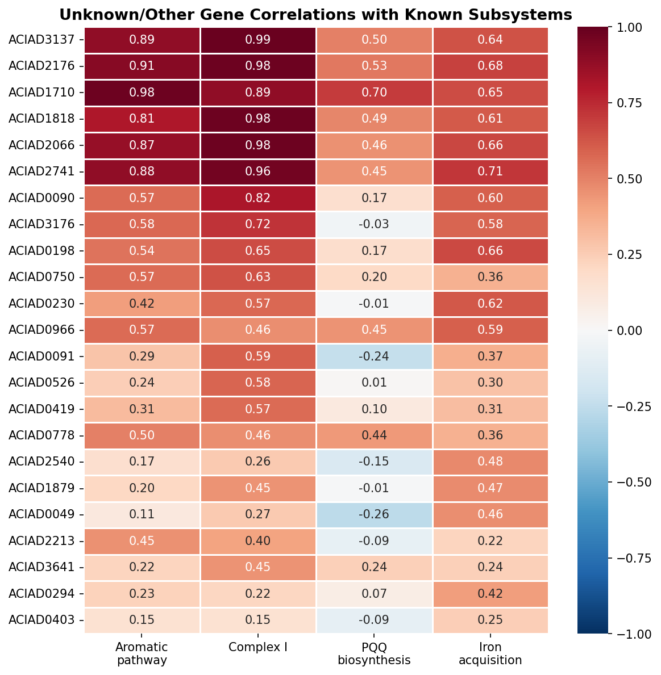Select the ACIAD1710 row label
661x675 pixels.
[41, 92]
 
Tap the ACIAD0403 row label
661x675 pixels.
[41, 619]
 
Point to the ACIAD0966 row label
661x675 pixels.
[41, 329]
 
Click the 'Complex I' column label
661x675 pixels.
[258, 647]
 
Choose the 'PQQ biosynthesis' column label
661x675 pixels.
[374, 653]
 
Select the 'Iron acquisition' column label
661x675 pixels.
[490, 653]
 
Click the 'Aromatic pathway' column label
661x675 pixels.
[142, 653]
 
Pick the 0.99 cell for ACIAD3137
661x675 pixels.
[258, 40]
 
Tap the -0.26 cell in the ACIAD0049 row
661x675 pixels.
[374, 514]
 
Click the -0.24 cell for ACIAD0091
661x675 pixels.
[374, 356]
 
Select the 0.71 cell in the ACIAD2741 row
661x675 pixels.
[490, 171]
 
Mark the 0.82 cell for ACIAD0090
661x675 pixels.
[258, 198]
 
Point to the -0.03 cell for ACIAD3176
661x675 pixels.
[374, 224]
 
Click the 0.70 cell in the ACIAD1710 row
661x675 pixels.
[374, 92]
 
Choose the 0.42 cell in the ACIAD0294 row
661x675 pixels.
[490, 593]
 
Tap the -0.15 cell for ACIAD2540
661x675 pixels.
[374, 462]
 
